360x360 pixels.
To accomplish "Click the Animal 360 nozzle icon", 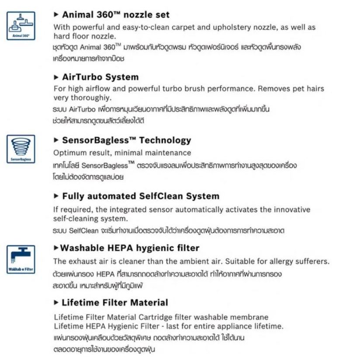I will click(x=20, y=25).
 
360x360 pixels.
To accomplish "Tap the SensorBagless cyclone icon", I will click(x=20, y=149).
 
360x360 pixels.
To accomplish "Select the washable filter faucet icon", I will click(x=20, y=258).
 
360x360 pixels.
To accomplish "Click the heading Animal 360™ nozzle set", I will click(x=116, y=14).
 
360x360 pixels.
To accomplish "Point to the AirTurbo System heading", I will click(x=100, y=77).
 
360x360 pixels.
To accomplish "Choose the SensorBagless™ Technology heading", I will click(x=127, y=140).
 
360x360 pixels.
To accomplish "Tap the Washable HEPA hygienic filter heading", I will click(x=130, y=248).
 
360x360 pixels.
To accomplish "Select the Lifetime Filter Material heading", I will click(x=115, y=302).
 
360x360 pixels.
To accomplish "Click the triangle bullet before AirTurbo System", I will click(x=56, y=77).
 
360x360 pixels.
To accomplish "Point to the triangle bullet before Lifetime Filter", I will click(x=56, y=302).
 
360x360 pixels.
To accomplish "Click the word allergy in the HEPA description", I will click(x=279, y=261).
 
